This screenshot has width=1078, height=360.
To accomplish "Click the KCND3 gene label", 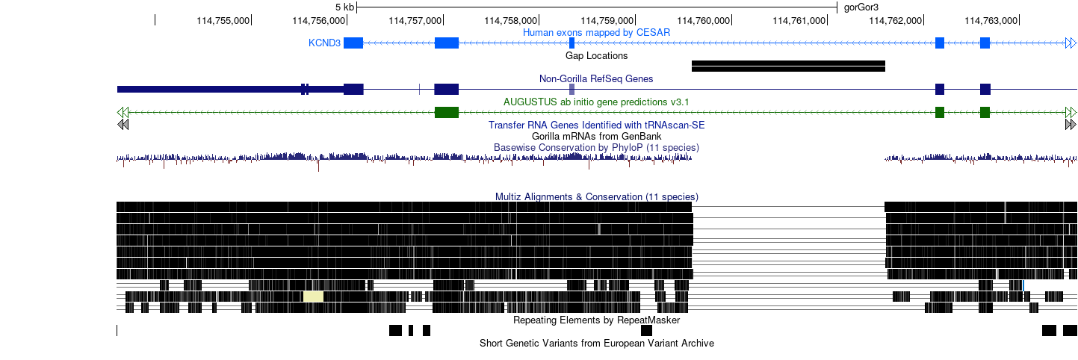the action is pos(324,43).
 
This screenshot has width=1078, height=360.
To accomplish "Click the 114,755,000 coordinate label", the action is pos(223,21).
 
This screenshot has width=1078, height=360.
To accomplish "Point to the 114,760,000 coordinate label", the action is pos(704,21).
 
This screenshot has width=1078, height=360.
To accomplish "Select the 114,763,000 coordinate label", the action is pos(991,21).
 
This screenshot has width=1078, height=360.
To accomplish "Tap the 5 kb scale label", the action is pos(344,7).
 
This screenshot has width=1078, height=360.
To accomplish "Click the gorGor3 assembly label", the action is pos(861,7).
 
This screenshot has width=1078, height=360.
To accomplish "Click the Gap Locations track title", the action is pos(596,55).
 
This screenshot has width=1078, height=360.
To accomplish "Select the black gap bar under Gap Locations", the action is pos(788,66).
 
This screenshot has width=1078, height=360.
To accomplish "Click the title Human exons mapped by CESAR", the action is pos(596,32).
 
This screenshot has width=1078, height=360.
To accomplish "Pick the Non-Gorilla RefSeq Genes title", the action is pos(596,78).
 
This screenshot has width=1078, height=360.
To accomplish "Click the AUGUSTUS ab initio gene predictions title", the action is pos(596,102).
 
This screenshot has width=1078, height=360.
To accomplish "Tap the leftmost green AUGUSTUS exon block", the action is pos(447,112).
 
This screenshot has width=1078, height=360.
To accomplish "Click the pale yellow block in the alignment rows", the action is pos(313,296).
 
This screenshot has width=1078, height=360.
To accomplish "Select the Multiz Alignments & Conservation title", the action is pos(596,196).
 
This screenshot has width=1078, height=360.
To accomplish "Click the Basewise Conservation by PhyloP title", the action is pos(596,147).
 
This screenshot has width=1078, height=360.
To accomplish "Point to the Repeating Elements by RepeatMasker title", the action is pos(596,320).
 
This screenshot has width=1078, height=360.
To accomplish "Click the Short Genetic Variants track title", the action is pos(596,343).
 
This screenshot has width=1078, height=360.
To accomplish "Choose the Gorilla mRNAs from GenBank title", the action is pos(596,136).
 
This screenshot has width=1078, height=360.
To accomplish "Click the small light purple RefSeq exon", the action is pos(571,89).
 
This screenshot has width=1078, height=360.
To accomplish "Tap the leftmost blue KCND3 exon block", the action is pos(353,43).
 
